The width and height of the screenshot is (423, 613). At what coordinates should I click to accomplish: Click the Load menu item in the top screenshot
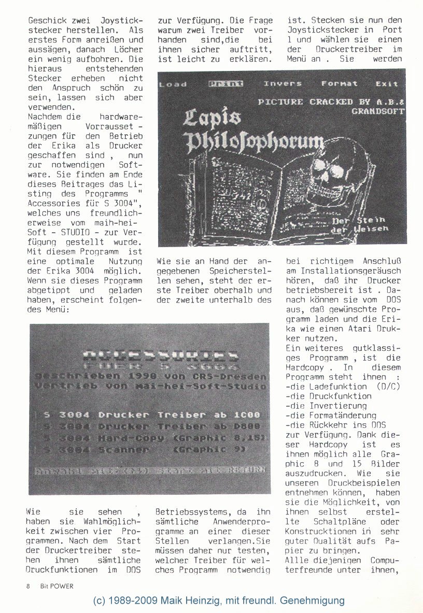(173, 84)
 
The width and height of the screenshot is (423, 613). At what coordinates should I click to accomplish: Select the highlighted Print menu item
(225, 84)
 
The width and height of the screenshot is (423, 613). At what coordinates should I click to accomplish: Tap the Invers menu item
(283, 83)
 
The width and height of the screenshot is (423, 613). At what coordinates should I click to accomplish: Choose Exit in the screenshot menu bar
(387, 83)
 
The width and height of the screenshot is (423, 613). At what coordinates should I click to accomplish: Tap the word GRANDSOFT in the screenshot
(377, 111)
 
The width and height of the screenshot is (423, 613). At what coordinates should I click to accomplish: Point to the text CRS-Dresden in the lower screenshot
(235, 376)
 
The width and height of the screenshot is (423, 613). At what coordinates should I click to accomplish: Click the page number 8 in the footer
(28, 586)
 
